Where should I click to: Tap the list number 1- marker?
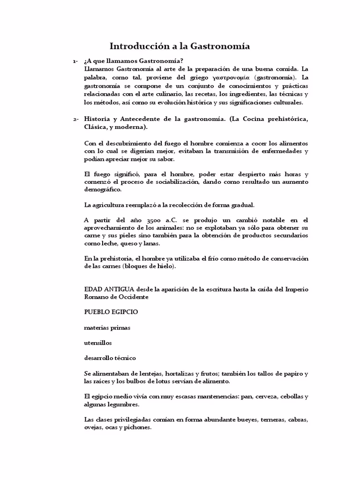click(75, 61)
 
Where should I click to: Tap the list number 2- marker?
click(75, 119)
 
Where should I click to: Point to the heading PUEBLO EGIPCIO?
click(111, 311)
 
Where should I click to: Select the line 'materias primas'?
click(107, 327)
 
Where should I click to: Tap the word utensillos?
click(98, 343)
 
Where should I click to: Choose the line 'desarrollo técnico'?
click(110, 358)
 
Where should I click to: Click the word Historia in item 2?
click(97, 119)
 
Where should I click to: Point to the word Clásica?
click(96, 127)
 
